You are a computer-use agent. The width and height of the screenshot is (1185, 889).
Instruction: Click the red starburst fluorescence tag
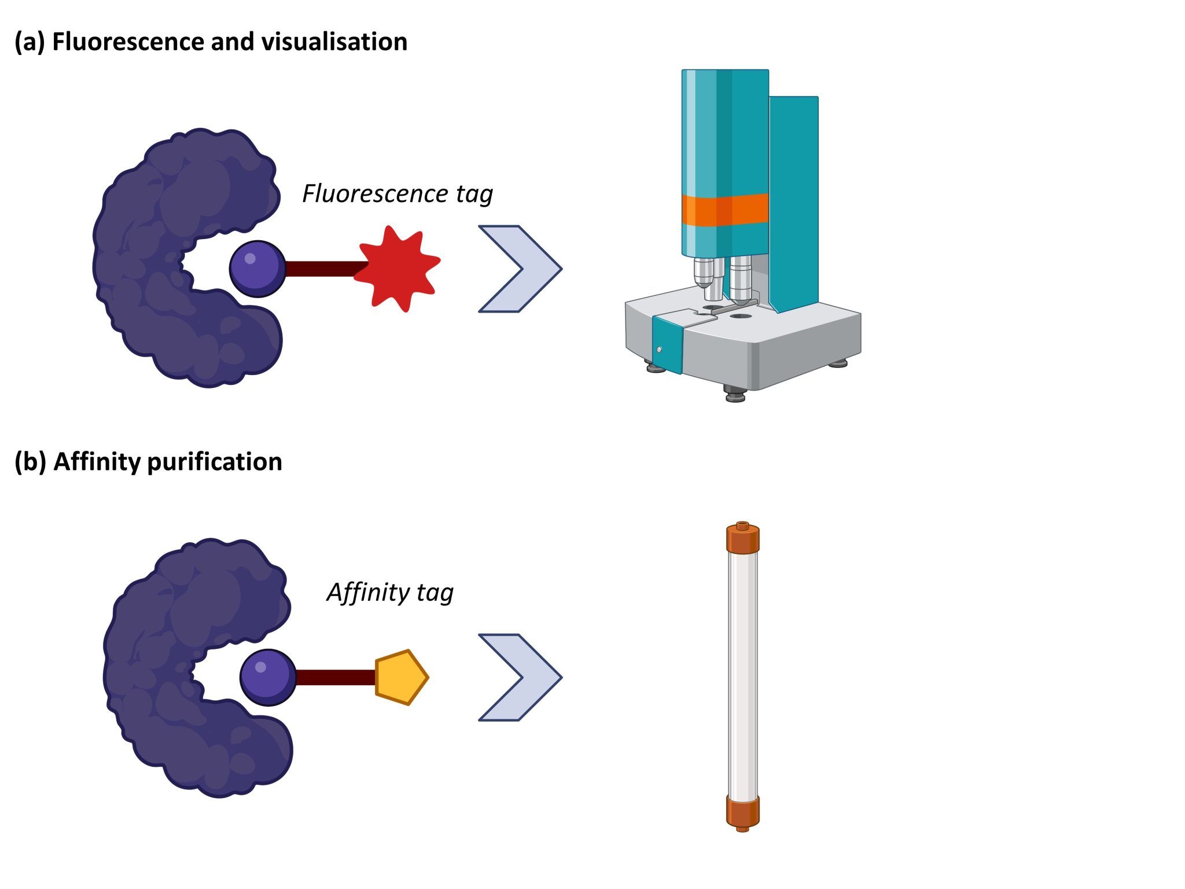click(x=397, y=269)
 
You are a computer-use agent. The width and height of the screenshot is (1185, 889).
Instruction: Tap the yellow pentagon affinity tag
click(x=400, y=677)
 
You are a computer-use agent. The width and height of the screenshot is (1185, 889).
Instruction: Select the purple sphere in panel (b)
click(x=268, y=678)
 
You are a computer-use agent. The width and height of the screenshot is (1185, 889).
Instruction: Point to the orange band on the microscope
click(x=724, y=210)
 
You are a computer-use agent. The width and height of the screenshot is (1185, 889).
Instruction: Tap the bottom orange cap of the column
click(x=742, y=811)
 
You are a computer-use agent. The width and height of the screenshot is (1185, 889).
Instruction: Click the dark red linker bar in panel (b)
click(x=336, y=678)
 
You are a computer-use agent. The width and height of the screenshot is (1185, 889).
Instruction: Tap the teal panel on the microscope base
click(x=667, y=345)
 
